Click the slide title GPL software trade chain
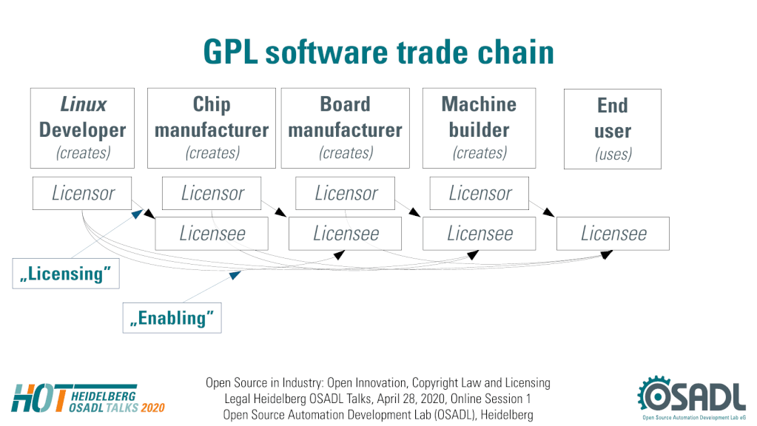[x=379, y=52]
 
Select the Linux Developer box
[x=83, y=129]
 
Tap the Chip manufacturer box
[x=212, y=129]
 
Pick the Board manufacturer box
[x=345, y=129]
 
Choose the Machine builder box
[x=479, y=129]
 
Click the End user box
[x=613, y=129]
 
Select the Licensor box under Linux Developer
[x=82, y=193]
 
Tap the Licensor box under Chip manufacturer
[x=212, y=193]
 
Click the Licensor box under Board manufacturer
[x=345, y=193]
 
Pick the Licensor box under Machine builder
[x=480, y=193]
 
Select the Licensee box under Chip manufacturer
[x=212, y=234]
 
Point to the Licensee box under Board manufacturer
[x=345, y=234]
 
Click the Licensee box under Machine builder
[x=479, y=234]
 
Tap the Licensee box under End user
[x=613, y=234]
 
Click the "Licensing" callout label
[x=66, y=274]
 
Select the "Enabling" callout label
[x=172, y=318]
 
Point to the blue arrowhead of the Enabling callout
[x=235, y=275]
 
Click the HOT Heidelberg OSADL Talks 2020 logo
[x=88, y=399]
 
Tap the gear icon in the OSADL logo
[x=655, y=396]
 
